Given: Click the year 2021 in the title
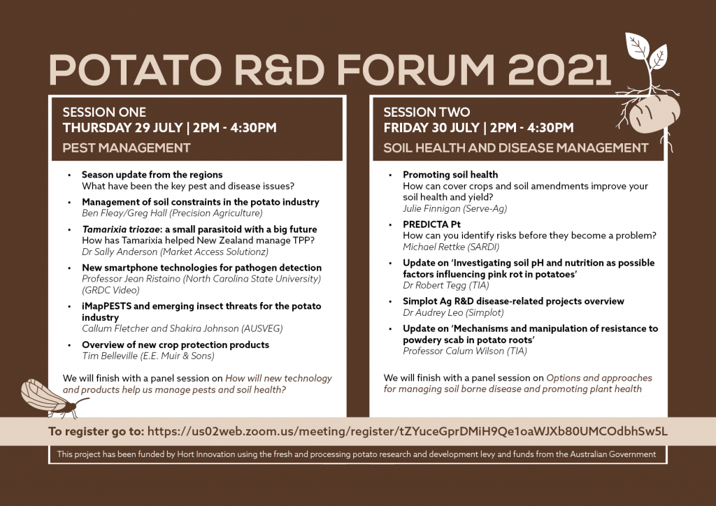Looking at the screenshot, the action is (559, 70).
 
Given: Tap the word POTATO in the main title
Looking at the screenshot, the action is (135, 70).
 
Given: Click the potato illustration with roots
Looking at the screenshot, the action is (653, 114).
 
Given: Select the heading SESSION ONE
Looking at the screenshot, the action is (105, 113).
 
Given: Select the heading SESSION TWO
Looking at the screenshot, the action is (427, 113).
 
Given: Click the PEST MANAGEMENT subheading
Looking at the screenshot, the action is (127, 148).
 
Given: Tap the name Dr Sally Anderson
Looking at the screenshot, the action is (120, 252).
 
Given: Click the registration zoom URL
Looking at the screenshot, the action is (408, 432).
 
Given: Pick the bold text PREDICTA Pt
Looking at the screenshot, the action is (431, 224).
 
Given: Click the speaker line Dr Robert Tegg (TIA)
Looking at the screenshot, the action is (445, 286).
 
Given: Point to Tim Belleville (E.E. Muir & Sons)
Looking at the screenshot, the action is (148, 356).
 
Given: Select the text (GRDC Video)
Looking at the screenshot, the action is (111, 290).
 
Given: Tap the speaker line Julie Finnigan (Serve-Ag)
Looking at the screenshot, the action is (454, 208).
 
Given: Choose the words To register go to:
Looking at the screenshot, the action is (96, 432).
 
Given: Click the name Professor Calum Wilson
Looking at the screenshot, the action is (453, 351).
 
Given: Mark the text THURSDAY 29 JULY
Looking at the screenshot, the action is (123, 128).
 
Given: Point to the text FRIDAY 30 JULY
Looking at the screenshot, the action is (431, 128).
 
